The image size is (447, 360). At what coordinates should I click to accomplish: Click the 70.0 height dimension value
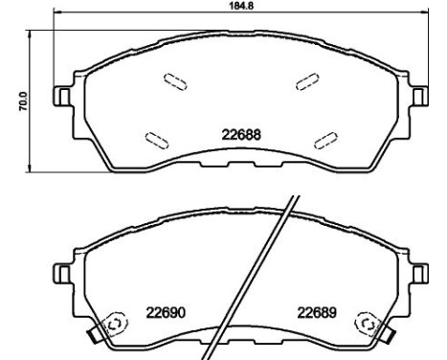(24, 101)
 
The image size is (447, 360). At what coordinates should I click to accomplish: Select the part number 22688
(241, 135)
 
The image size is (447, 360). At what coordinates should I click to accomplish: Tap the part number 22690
(166, 313)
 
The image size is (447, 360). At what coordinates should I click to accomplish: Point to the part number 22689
(317, 313)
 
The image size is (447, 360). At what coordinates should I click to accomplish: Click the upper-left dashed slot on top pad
(175, 82)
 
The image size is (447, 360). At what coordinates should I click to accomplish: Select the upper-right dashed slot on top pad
(307, 81)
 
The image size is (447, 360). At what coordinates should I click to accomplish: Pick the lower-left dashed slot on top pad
(157, 141)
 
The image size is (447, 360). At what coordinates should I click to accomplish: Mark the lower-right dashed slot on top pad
(325, 140)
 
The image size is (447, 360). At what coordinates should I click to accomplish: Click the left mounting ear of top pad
(61, 96)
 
